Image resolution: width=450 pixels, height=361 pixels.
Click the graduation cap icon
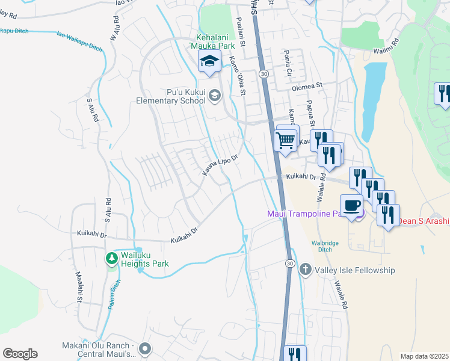[x=209, y=61]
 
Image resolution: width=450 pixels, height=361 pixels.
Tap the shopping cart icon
[x=286, y=140]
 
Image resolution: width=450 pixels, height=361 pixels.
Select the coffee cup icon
[x=351, y=205]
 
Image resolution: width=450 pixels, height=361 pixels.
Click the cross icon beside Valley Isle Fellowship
[x=305, y=270]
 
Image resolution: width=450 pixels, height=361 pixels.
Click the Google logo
[x=20, y=354]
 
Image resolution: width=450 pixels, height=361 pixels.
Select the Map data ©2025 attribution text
[x=424, y=356]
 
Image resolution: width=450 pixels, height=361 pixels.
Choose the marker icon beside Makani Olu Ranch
[x=145, y=349]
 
